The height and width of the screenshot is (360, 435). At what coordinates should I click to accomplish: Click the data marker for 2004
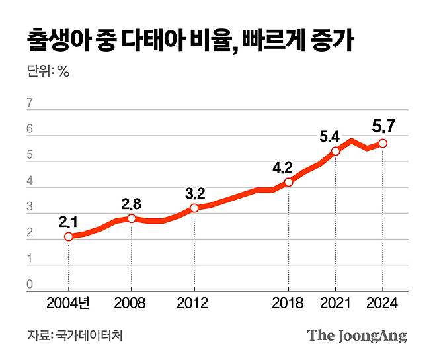tap(69, 236)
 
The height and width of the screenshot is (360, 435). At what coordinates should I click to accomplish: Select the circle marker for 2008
tap(132, 218)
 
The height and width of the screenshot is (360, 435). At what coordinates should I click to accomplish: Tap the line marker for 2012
tap(194, 208)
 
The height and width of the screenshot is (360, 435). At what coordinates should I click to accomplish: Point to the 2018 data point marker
tap(288, 182)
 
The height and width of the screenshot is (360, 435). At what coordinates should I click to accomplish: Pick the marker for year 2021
tap(336, 151)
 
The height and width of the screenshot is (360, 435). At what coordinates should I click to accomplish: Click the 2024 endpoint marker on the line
tap(383, 143)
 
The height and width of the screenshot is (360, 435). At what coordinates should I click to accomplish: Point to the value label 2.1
tap(68, 221)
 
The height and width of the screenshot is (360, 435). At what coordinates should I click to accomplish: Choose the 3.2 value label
tap(194, 193)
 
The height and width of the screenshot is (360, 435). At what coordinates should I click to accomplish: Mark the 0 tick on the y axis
tap(30, 285)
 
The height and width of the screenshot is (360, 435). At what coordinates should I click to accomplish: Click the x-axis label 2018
tap(288, 304)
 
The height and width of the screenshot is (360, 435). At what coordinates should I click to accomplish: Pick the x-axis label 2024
tap(383, 304)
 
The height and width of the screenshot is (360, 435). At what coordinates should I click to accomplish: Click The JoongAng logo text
tap(357, 336)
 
